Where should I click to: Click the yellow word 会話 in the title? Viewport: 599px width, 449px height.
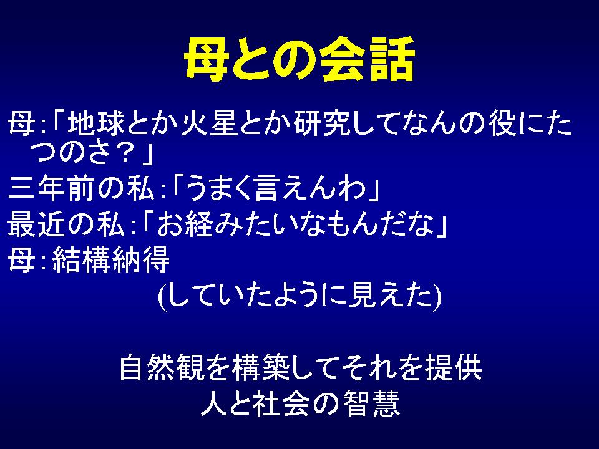pyautogui.click(x=368, y=60)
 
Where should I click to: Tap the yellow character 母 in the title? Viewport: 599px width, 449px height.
pyautogui.click(x=207, y=60)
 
